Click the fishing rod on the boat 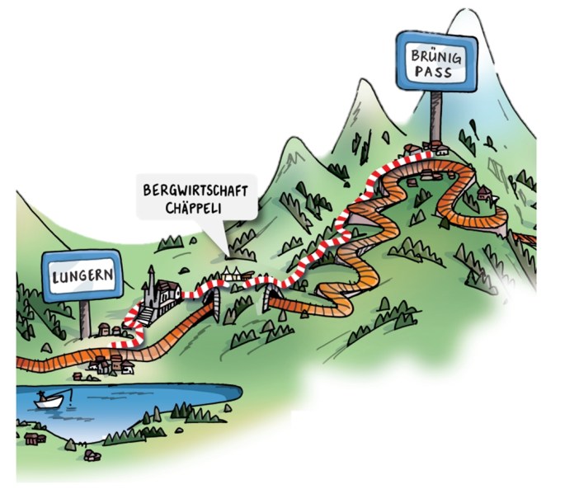(x=67, y=387)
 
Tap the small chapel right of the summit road (x=482, y=195)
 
